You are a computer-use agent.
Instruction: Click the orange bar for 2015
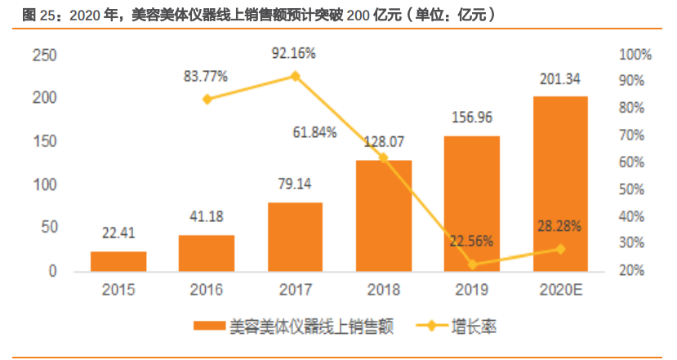tap(118, 260)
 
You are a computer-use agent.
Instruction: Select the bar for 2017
tap(295, 236)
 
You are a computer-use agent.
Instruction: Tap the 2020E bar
tap(560, 183)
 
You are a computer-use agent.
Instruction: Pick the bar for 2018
tap(384, 215)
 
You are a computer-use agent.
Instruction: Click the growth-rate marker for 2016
tap(207, 100)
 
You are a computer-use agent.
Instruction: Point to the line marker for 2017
tap(296, 76)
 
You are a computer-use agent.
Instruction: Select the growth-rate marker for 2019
tap(472, 264)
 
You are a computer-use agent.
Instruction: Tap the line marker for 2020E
tap(560, 249)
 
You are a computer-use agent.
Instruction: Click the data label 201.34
tap(560, 79)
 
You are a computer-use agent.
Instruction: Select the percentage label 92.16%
tap(294, 53)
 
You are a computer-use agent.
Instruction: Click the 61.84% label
tap(315, 132)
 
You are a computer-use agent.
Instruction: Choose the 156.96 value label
tap(472, 118)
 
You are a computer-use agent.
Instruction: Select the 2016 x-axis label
tap(207, 289)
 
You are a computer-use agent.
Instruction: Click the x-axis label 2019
tap(472, 289)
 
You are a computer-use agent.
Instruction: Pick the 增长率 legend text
tap(474, 327)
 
